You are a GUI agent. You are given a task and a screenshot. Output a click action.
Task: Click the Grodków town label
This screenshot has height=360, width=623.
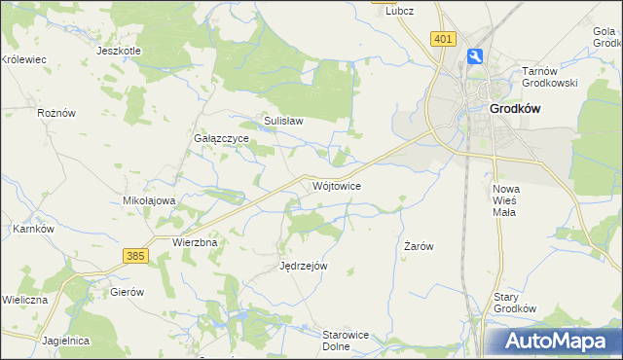pyautogui.click(x=516, y=110)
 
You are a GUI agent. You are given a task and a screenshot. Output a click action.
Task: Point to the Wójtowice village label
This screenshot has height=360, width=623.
pyautogui.click(x=338, y=185)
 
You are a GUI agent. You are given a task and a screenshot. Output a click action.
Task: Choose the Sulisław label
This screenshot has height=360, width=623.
pyautogui.click(x=283, y=122)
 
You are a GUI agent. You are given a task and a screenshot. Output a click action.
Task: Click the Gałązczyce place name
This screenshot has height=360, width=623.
pyautogui.click(x=222, y=139)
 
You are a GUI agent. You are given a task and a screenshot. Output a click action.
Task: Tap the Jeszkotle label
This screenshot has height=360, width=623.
pyautogui.click(x=120, y=50)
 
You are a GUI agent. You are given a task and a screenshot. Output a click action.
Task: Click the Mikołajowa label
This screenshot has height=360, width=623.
pyautogui.click(x=148, y=200)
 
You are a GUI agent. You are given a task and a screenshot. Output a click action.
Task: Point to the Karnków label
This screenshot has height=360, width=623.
pyautogui.click(x=31, y=229)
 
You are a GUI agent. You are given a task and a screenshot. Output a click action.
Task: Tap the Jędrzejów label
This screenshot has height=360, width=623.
pyautogui.click(x=303, y=266)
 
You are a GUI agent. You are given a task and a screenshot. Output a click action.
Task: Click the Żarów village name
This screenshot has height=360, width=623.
pyautogui.click(x=419, y=247)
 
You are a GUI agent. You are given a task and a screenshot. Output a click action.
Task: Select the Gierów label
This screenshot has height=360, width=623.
pyautogui.click(x=127, y=292)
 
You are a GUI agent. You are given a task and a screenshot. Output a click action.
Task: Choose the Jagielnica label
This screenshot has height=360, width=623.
pyautogui.click(x=66, y=341)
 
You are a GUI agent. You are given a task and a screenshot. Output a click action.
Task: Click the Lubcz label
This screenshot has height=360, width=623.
pyautogui.click(x=399, y=11)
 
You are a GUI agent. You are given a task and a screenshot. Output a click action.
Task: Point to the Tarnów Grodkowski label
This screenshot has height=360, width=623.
pyautogui.click(x=550, y=77)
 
